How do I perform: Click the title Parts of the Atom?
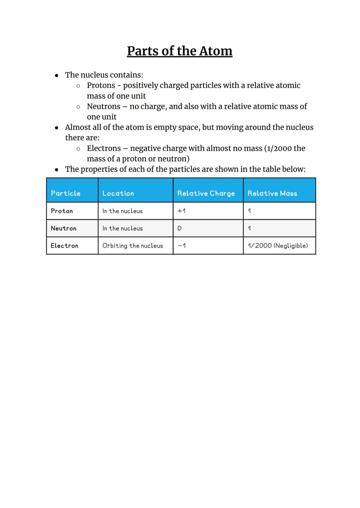click(x=179, y=51)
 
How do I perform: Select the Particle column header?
click(x=66, y=193)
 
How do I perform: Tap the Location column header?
click(x=118, y=193)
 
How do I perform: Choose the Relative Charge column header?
click(x=206, y=193)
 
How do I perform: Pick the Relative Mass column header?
click(x=272, y=193)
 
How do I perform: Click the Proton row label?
click(x=62, y=211)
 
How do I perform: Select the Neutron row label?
click(x=63, y=228)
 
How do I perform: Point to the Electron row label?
click(x=64, y=246)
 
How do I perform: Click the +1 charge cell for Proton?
click(x=181, y=211)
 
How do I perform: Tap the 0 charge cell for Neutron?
click(x=179, y=228)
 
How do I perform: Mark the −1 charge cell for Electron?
click(x=182, y=246)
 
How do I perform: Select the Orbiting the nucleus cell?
click(x=133, y=246)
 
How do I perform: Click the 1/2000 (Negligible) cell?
click(x=278, y=246)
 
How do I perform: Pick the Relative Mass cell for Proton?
click(x=249, y=211)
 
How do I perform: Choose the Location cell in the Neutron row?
click(x=122, y=228)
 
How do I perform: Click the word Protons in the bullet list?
click(x=101, y=86)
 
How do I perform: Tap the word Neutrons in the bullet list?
click(x=103, y=107)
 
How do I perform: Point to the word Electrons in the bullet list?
click(x=104, y=149)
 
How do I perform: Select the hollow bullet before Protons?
click(x=78, y=86)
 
